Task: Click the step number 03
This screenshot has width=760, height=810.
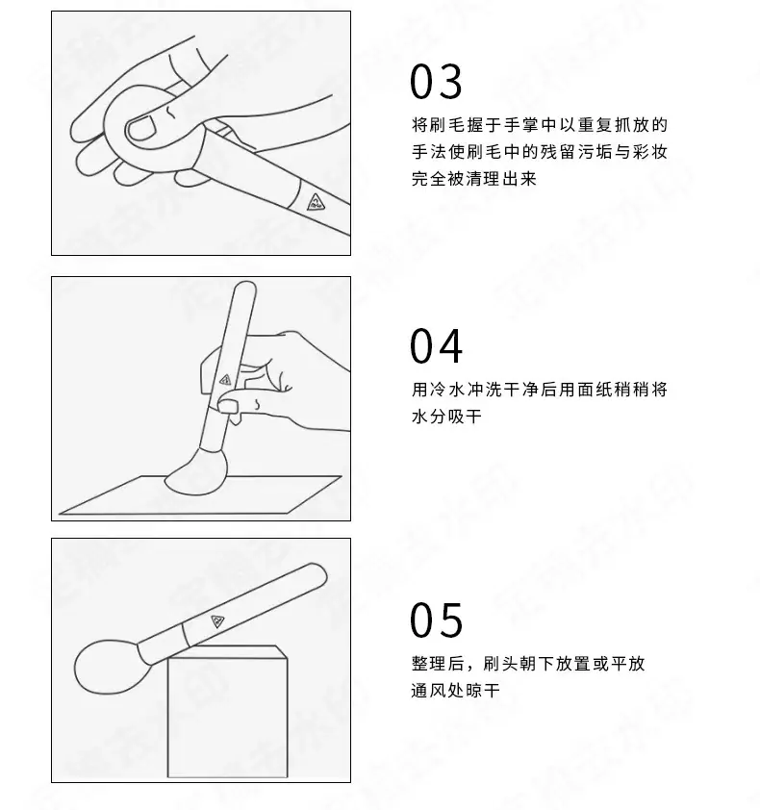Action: [436, 82]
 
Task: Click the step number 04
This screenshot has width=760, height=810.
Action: [436, 346]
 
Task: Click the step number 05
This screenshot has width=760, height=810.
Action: [436, 620]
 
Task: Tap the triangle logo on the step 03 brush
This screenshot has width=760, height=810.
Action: [316, 202]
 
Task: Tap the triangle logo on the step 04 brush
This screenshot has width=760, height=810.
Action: [225, 380]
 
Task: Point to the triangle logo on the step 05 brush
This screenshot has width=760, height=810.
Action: [218, 620]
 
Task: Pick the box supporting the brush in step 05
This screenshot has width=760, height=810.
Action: [227, 712]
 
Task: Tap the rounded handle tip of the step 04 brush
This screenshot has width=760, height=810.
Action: [245, 288]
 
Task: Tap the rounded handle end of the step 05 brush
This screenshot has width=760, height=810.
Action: [317, 571]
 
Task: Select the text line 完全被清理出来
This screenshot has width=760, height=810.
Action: [473, 179]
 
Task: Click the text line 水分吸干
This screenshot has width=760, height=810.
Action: [446, 417]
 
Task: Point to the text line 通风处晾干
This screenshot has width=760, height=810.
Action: [455, 690]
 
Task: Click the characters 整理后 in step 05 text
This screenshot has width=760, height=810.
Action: [438, 663]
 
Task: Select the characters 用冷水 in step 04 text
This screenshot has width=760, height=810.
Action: [438, 389]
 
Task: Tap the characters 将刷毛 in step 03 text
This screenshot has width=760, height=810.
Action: [438, 124]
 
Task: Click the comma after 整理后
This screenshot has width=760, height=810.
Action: [470, 669]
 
